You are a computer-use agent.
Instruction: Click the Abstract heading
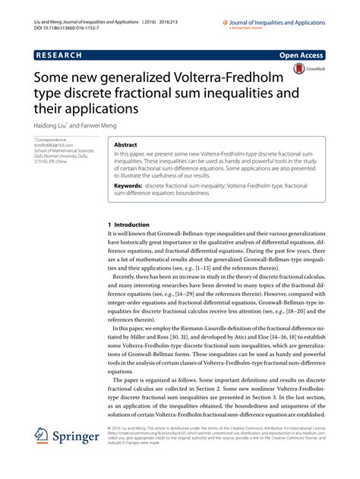[125, 143]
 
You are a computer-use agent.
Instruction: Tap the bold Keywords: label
[128, 184]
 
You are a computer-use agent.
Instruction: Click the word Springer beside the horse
[80, 439]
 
